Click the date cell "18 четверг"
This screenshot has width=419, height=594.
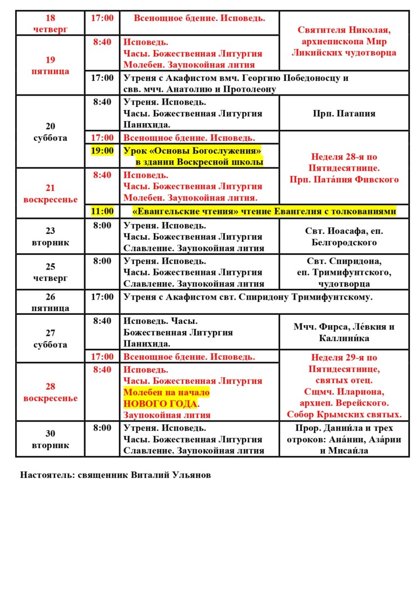point(50,23)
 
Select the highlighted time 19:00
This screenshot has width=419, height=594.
point(102,150)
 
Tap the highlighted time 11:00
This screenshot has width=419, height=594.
point(102,211)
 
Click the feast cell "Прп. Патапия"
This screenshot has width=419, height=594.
point(344,114)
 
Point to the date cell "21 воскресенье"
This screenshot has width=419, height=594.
point(50,193)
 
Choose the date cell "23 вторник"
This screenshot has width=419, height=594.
point(50,236)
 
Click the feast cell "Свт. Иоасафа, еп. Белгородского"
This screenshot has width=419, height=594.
point(344,236)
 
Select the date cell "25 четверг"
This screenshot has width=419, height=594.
point(50,272)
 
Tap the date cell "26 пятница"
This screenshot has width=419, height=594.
point(50,302)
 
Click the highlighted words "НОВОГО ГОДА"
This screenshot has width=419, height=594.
point(160,404)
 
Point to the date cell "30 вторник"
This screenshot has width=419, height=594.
point(50,439)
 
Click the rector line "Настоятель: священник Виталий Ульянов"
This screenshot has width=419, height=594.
point(115,475)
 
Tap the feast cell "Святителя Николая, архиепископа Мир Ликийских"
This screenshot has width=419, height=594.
point(344,41)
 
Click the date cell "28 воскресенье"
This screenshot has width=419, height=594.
point(50,393)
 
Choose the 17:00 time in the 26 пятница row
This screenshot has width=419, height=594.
point(102,296)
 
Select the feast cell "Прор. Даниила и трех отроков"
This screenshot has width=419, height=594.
point(344,439)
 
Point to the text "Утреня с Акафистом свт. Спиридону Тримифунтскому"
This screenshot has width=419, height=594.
point(248,296)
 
